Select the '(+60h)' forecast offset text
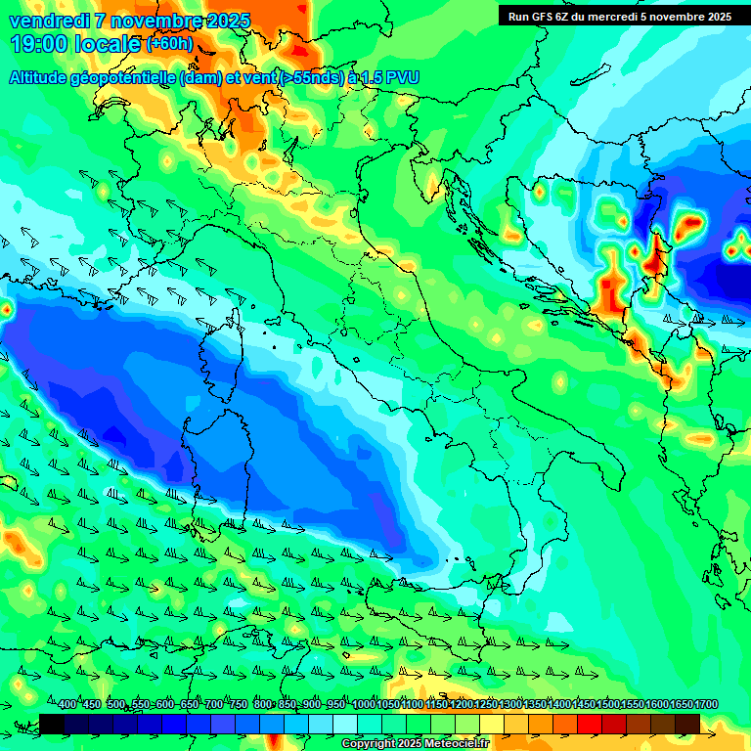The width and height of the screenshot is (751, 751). [169, 44]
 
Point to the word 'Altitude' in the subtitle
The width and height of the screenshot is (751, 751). [45, 78]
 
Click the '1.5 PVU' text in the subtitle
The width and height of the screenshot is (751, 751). [387, 78]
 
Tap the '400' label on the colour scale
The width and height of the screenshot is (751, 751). [67, 705]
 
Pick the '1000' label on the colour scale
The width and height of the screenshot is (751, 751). [363, 705]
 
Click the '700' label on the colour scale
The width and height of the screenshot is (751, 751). [214, 705]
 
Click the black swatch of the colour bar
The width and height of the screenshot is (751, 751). [52, 724]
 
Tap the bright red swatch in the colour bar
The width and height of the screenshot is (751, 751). [590, 724]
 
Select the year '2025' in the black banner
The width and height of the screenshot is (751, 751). [717, 17]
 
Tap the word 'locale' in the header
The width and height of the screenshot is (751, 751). [110, 44]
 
